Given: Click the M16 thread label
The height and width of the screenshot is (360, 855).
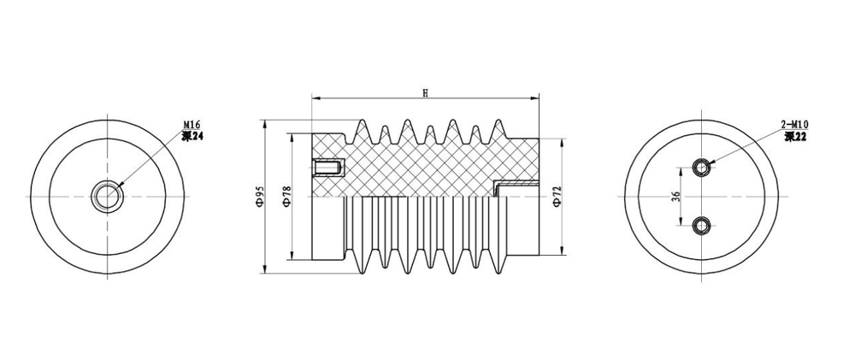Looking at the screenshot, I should click(192, 125).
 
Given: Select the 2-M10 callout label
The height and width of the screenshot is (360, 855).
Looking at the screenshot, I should click(794, 125).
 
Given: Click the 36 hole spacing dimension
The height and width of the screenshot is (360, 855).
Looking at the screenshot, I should click(676, 196).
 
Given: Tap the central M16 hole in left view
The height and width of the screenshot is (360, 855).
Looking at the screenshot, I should click(108, 196).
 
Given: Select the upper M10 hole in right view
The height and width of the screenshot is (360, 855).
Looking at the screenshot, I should click(702, 167).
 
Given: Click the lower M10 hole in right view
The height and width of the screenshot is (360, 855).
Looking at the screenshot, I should click(702, 225).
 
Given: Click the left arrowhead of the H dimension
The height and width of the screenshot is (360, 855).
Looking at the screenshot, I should click(314, 97).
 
